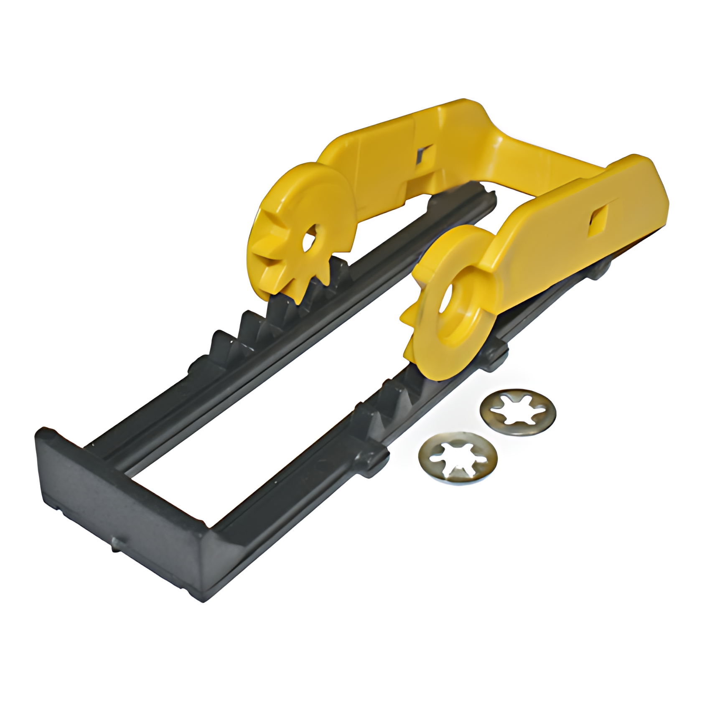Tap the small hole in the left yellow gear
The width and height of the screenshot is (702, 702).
coord(310,241)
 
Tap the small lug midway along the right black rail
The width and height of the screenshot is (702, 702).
coord(372,460)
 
